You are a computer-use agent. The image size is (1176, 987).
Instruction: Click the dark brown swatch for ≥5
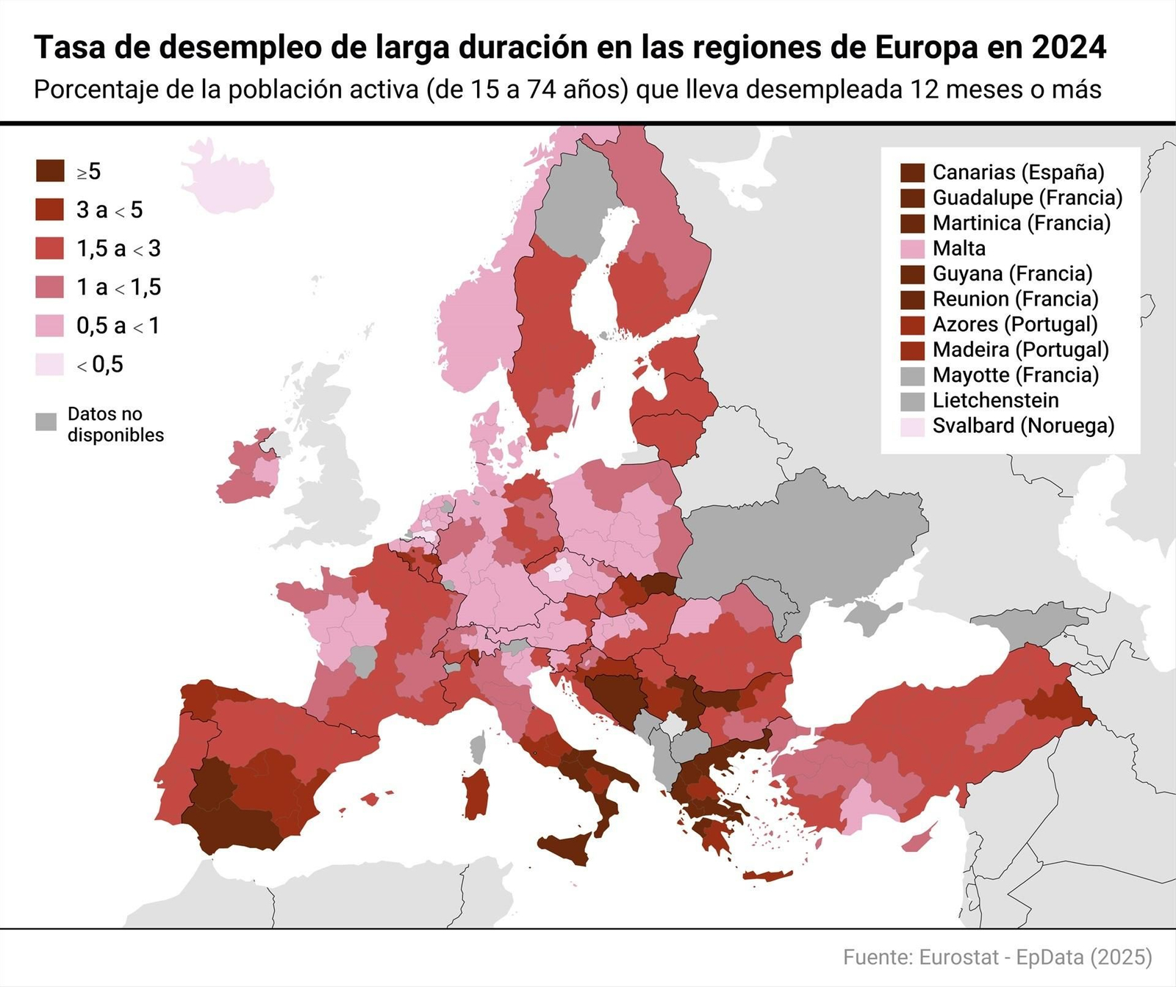tap(50, 171)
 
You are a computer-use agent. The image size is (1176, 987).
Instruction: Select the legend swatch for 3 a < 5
tap(50, 209)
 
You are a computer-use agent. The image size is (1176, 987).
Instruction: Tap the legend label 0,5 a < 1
tap(118, 325)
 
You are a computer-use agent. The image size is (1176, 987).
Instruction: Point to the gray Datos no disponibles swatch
tap(46, 422)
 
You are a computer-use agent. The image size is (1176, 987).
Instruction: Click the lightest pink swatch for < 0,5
tap(50, 364)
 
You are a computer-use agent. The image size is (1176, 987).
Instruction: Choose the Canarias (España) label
tap(1018, 172)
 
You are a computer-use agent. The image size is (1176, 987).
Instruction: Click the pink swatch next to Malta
tap(912, 248)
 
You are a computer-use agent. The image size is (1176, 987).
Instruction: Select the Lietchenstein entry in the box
tap(995, 400)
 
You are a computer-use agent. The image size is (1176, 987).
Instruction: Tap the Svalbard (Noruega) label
tap(1023, 425)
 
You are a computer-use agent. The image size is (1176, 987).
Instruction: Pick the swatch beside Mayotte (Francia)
tap(912, 375)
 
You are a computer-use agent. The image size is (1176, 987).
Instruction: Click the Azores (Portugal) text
tap(1014, 324)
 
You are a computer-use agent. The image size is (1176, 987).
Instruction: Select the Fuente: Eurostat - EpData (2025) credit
tap(997, 957)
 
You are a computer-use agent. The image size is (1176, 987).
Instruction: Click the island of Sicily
tap(570, 848)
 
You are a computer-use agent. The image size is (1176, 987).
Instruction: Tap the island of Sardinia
tap(477, 793)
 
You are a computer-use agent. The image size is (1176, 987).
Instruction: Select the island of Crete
tap(767, 875)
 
